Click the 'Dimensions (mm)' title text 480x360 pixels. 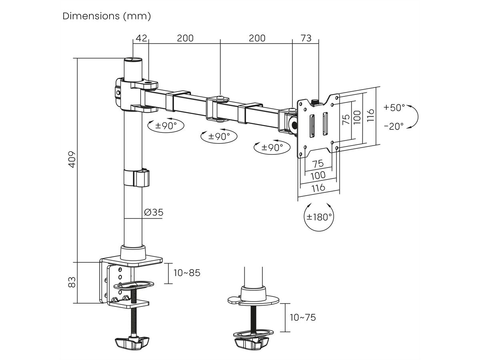click(107, 16)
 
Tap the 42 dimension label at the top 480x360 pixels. click(141, 38)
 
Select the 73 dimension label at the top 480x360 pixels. click(306, 38)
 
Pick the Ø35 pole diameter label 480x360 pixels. click(154, 212)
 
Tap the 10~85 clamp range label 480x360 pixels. click(187, 273)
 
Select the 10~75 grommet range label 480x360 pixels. click(303, 317)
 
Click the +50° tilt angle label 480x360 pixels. click(394, 107)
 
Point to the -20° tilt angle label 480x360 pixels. click(394, 126)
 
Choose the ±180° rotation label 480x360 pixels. click(319, 217)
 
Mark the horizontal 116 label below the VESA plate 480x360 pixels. click(318, 187)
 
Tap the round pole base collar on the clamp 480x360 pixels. click(133, 252)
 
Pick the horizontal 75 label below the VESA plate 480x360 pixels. click(318, 164)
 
